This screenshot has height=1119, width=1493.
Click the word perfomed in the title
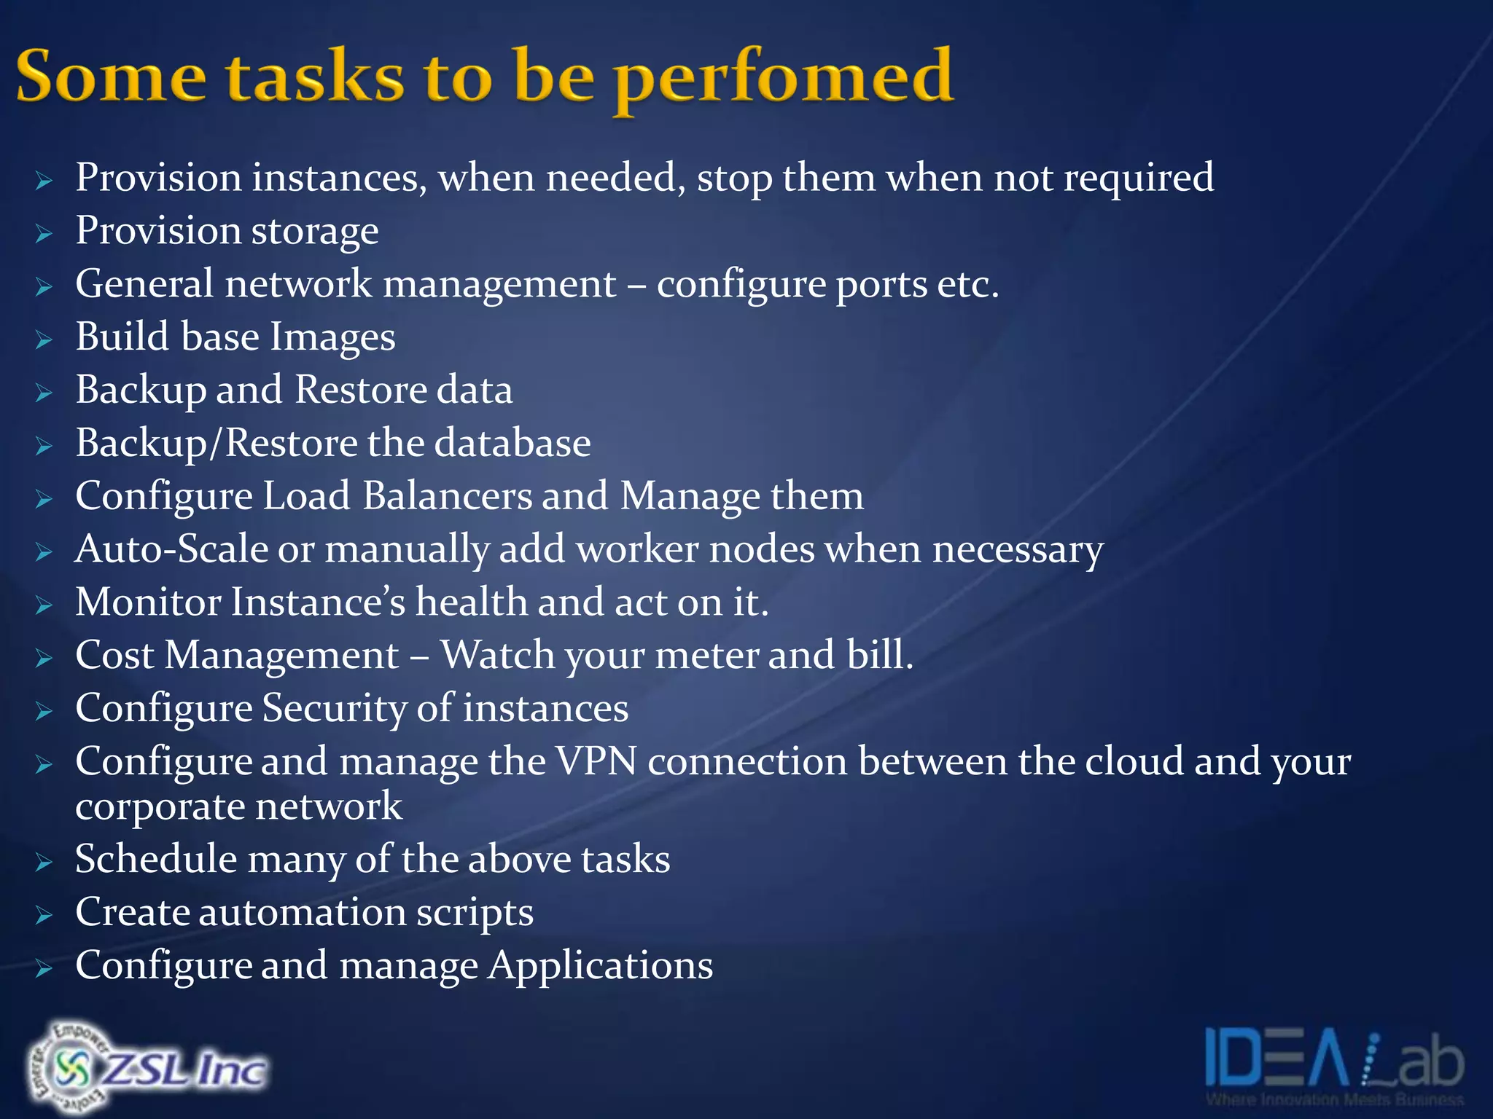pos(784,79)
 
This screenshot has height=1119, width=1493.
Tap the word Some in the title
pos(111,76)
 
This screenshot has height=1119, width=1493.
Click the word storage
pos(314,232)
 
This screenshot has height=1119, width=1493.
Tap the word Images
pos(332,337)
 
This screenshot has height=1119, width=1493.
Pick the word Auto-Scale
pos(171,549)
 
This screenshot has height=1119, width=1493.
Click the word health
pos(471,602)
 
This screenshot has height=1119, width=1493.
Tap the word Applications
pos(600,967)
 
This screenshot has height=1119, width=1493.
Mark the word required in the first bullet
pos(1138,178)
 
